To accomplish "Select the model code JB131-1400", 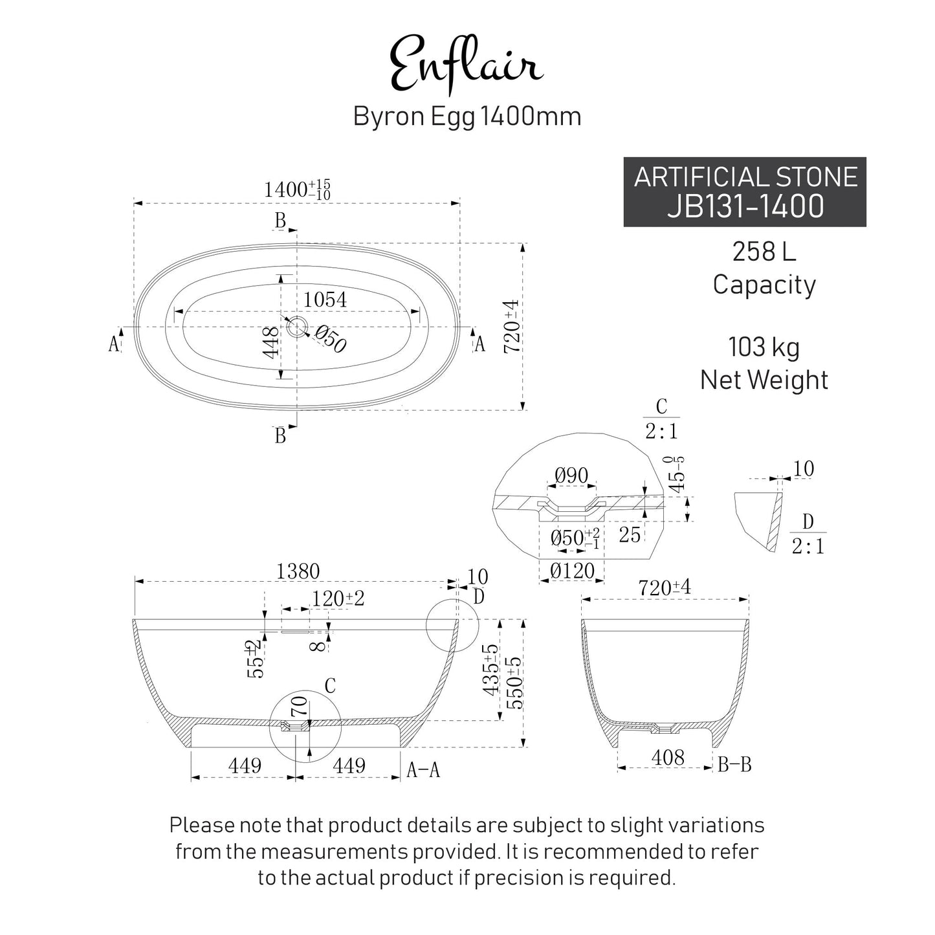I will click(745, 206).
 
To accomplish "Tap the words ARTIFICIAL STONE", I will click(745, 177).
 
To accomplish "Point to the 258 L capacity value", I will click(764, 252).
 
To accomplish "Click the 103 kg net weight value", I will click(764, 347).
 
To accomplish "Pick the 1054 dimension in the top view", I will click(325, 300).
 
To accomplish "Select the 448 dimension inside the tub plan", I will click(271, 342).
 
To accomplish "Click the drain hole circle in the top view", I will click(297, 327).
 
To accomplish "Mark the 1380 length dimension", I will click(298, 571).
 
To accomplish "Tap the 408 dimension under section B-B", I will click(668, 757).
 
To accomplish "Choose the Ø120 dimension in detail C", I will click(572, 571).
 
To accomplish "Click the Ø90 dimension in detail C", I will click(571, 476).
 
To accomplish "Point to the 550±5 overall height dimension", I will click(514, 683).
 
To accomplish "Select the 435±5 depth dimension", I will click(490, 670).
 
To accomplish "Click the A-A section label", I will click(423, 770).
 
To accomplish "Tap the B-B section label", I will click(734, 765).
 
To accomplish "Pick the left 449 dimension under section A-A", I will click(245, 765).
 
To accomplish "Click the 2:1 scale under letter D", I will click(808, 547).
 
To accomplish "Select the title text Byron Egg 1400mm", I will click(467, 116).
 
